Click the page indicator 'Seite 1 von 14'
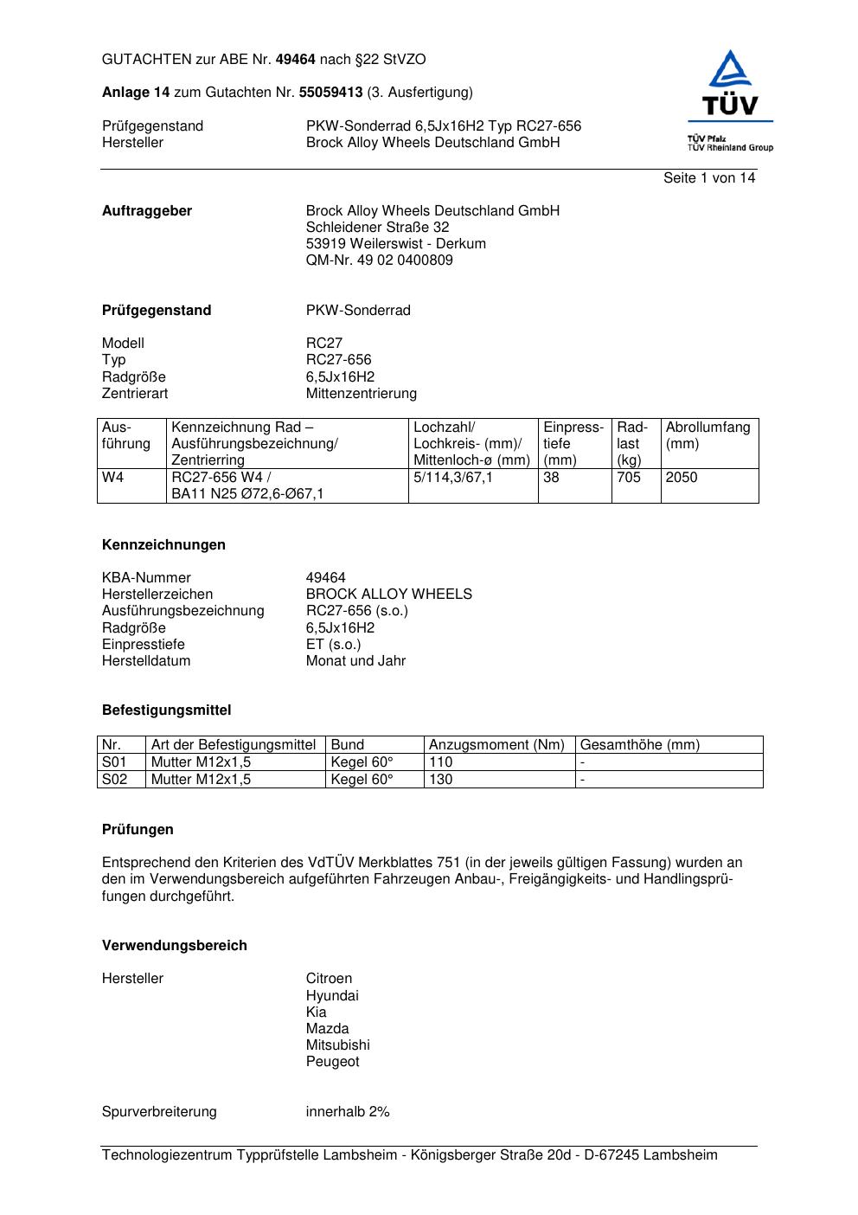click(x=709, y=178)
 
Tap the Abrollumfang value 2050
click(x=682, y=478)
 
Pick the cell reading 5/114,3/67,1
click(x=453, y=478)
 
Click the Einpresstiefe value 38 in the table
click(x=552, y=478)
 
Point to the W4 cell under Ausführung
click(x=113, y=478)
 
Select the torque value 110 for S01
click(x=441, y=762)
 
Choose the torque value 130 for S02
click(x=441, y=780)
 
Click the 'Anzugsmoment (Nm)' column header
click(x=496, y=745)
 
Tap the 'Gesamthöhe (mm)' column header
click(x=640, y=745)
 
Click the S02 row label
click(x=115, y=780)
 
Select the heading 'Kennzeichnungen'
click(x=163, y=545)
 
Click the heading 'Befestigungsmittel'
click(x=166, y=710)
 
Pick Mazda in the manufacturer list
click(x=327, y=1029)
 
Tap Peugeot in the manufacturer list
click(x=332, y=1062)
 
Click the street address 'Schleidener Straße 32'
click(x=377, y=228)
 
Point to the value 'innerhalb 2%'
click(x=348, y=1112)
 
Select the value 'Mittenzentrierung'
click(x=361, y=394)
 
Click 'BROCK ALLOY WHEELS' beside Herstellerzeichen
click(x=388, y=595)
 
